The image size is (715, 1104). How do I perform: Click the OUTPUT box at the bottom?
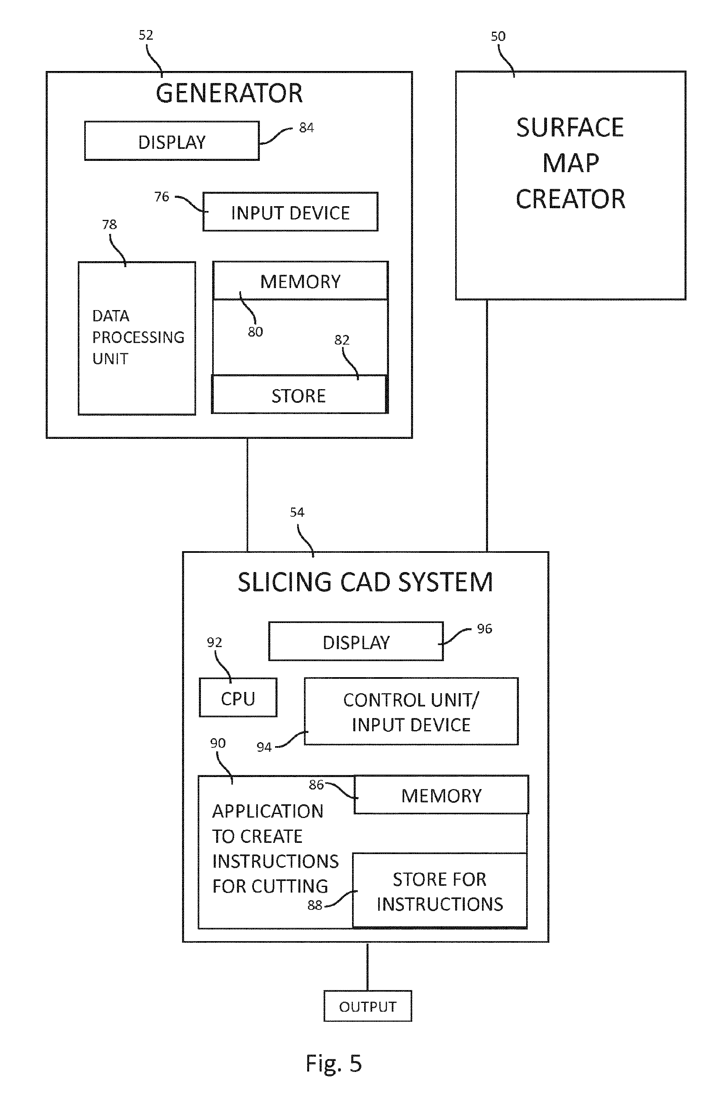click(367, 1006)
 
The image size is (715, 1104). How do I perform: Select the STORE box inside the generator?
click(299, 395)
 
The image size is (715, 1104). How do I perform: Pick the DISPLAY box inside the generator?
click(172, 142)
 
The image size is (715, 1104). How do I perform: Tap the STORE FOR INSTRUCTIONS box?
click(440, 891)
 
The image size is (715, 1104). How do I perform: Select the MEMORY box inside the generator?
click(300, 281)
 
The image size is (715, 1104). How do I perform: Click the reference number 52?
click(146, 35)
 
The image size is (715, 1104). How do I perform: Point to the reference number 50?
click(498, 36)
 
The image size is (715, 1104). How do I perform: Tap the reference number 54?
click(297, 512)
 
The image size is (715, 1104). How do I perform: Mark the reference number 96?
click(484, 629)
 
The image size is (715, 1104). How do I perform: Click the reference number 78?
click(109, 225)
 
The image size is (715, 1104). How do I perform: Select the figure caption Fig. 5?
click(333, 1063)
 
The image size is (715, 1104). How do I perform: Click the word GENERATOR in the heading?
click(229, 93)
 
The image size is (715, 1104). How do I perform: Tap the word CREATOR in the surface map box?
click(570, 199)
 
